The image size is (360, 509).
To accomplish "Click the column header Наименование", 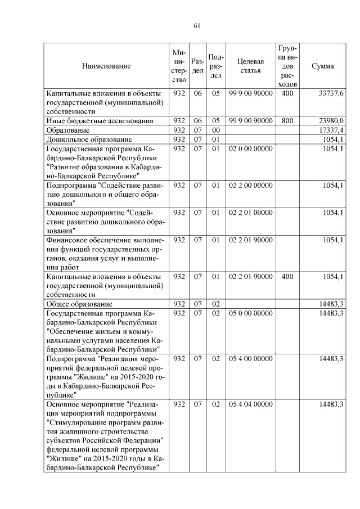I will click(106, 66).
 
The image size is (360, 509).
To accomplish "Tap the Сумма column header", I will click(322, 66).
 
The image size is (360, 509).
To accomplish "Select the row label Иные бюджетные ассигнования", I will click(91, 120).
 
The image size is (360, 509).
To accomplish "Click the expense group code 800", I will click(287, 120).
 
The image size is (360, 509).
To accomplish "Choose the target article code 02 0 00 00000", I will click(250, 148).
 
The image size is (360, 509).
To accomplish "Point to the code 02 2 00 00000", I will click(250, 185).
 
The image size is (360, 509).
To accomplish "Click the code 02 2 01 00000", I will click(250, 213).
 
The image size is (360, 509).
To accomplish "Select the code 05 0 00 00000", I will click(250, 313).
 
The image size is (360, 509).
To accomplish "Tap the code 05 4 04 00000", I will click(250, 404).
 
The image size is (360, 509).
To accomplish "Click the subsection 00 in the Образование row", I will click(215, 130).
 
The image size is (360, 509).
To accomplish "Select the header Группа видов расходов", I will click(287, 66).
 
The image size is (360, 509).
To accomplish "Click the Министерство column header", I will click(179, 66).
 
